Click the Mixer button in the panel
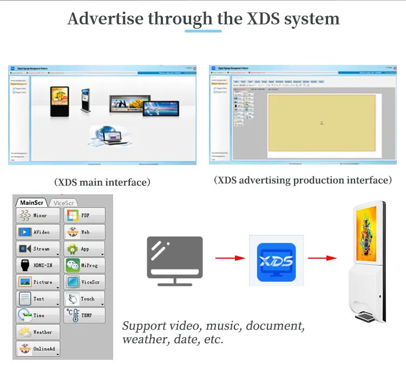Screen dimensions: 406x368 point(38,215)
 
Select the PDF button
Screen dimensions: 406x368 point(84,215)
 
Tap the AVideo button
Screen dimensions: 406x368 point(38,232)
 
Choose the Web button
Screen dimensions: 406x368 point(84,232)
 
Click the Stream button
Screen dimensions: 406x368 point(38,249)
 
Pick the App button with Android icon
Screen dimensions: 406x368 point(84,249)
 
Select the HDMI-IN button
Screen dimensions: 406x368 point(38,266)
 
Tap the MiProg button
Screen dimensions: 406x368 point(84,266)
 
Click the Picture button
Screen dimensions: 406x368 point(38,282)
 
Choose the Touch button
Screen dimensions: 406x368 point(84,299)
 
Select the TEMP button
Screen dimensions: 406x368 point(84,315)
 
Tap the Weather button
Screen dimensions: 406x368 point(38,332)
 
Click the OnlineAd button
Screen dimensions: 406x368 point(38,349)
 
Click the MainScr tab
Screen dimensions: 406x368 point(32,203)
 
